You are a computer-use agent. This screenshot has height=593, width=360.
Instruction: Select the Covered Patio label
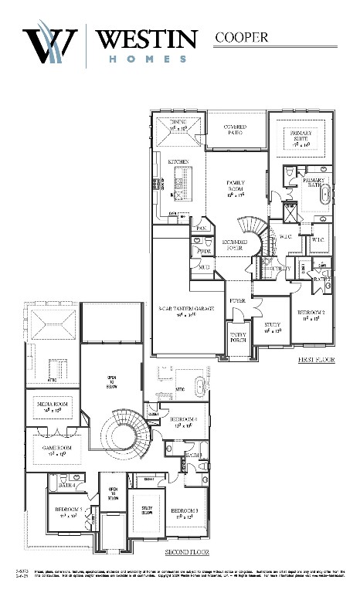(235, 129)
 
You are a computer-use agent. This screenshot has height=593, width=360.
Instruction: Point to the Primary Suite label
(301, 140)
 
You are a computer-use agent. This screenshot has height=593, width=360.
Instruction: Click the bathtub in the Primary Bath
(325, 193)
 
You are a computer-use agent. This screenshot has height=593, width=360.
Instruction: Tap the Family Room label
(236, 189)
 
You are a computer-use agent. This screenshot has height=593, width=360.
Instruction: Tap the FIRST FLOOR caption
(315, 361)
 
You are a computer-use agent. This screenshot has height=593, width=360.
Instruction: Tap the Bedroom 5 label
(67, 513)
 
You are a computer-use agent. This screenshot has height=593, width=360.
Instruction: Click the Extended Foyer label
(236, 246)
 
